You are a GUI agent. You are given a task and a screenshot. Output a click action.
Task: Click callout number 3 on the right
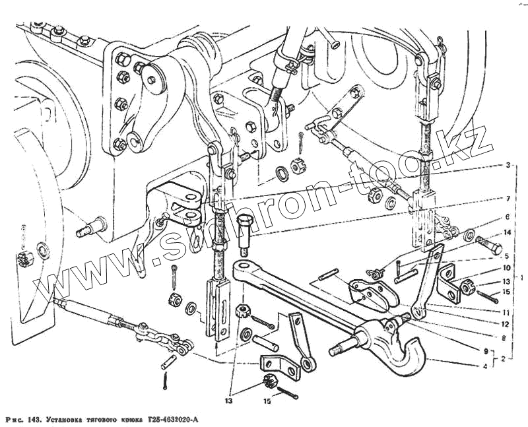click(x=508, y=166)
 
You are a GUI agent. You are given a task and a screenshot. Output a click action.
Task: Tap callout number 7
click(x=508, y=198)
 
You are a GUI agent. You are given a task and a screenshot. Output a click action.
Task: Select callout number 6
click(x=508, y=217)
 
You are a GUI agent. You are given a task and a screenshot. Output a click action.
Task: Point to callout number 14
click(x=508, y=232)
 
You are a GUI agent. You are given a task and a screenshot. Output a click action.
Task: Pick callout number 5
click(x=508, y=255)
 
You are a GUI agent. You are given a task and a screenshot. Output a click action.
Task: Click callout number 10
click(x=508, y=269)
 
